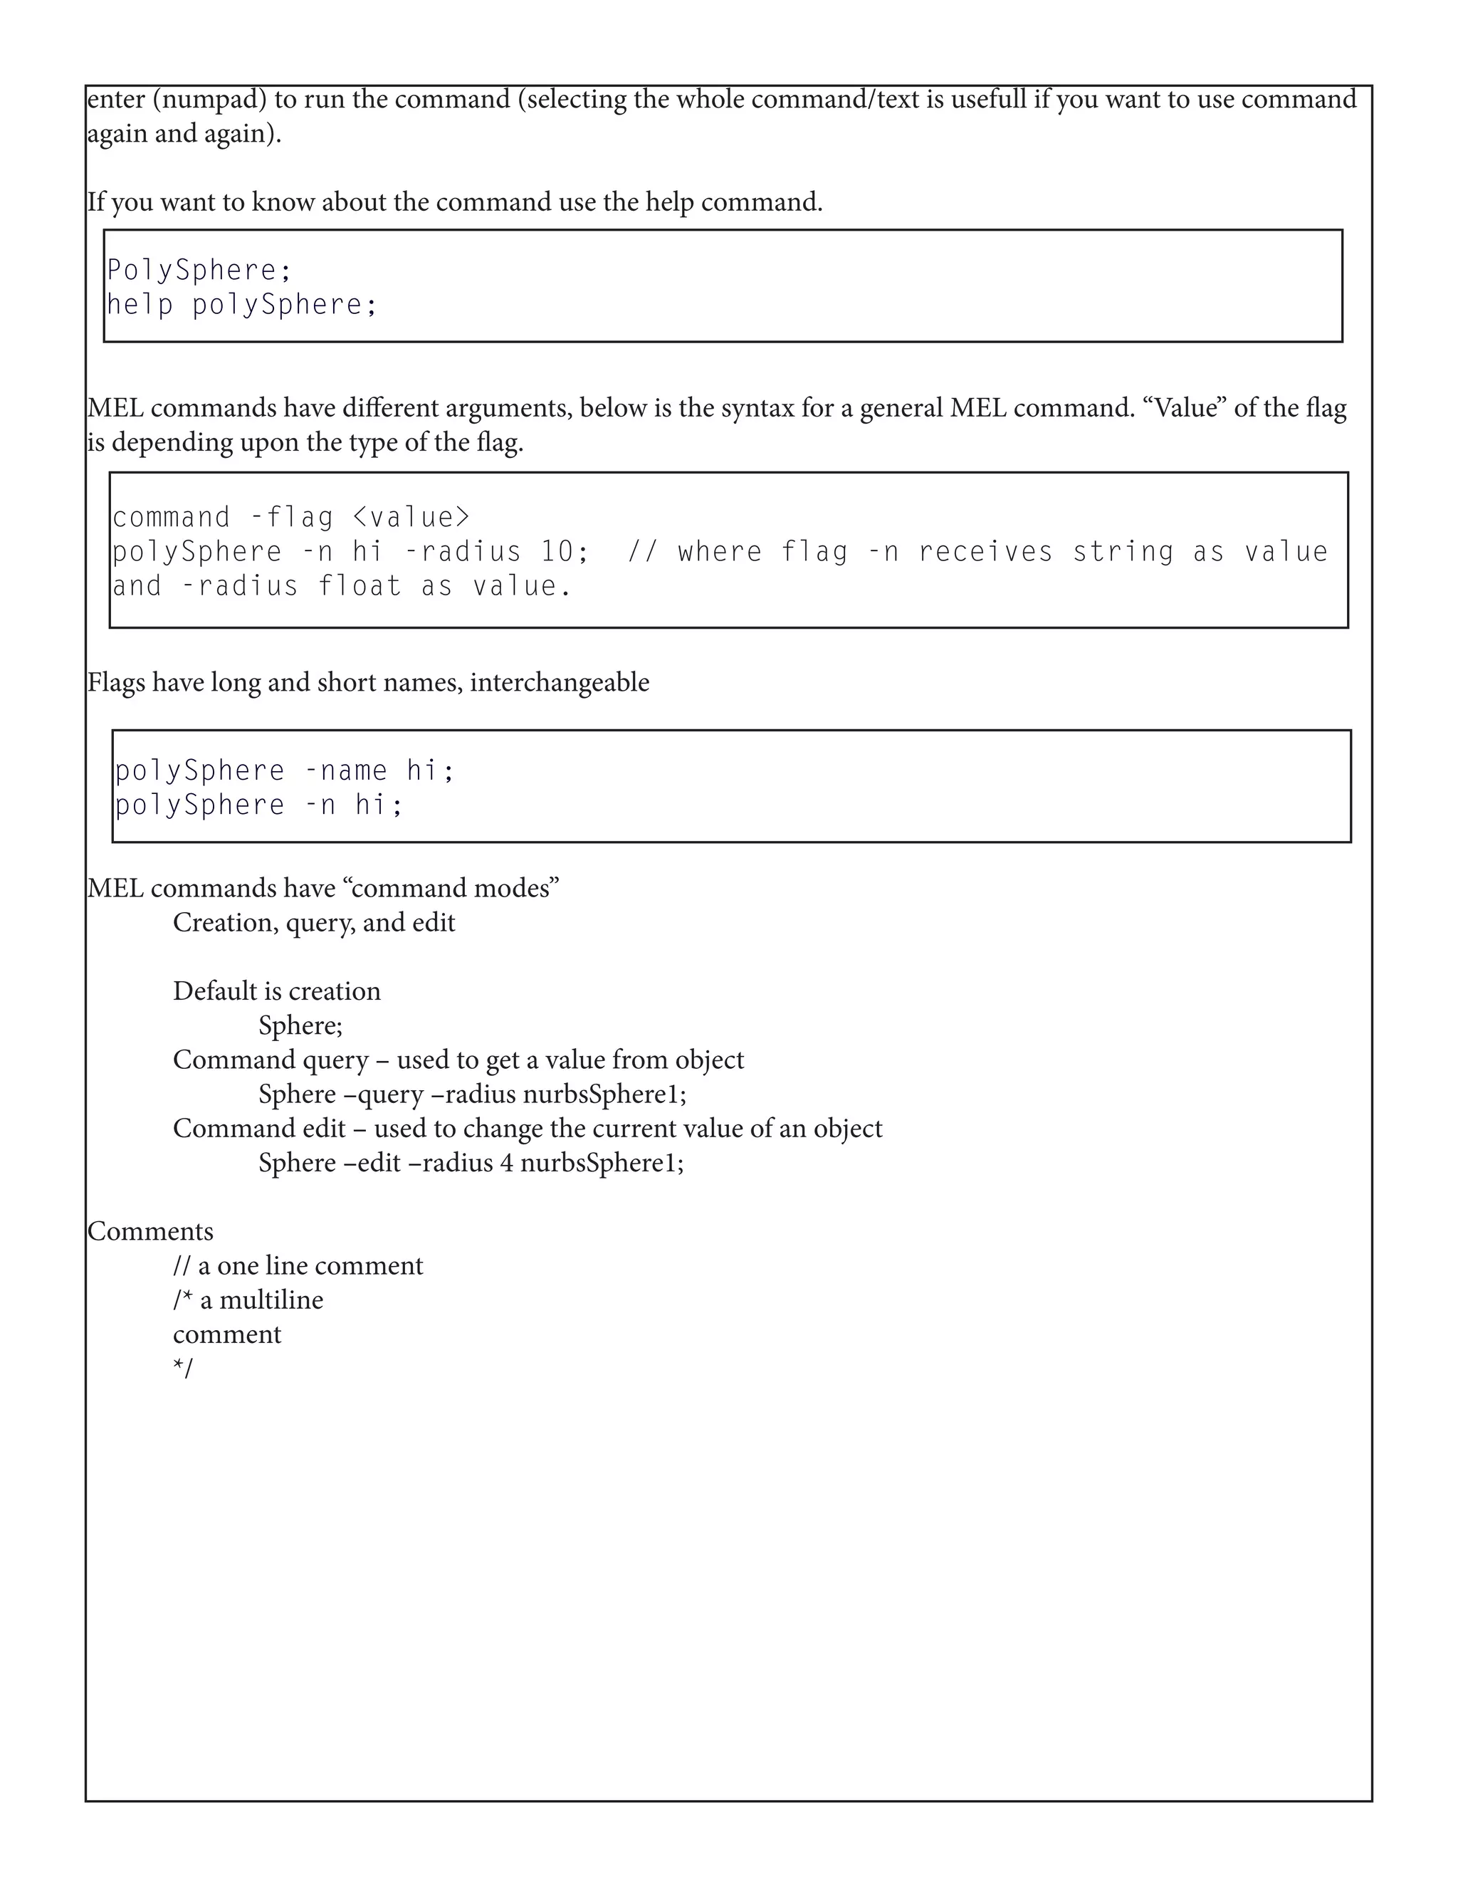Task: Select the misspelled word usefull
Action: [x=988, y=100]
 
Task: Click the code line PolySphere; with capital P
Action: [x=199, y=271]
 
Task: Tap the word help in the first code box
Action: [x=140, y=304]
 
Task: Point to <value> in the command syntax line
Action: [x=412, y=518]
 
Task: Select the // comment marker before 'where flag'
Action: [x=641, y=552]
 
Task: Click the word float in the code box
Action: [x=360, y=587]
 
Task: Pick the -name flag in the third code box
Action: [x=345, y=770]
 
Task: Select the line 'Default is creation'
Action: [x=276, y=991]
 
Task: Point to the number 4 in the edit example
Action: [x=506, y=1163]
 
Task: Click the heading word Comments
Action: [x=150, y=1231]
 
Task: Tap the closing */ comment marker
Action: [x=183, y=1369]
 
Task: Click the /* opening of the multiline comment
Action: [x=182, y=1300]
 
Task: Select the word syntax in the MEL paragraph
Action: [x=757, y=408]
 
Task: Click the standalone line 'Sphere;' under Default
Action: [x=300, y=1025]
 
